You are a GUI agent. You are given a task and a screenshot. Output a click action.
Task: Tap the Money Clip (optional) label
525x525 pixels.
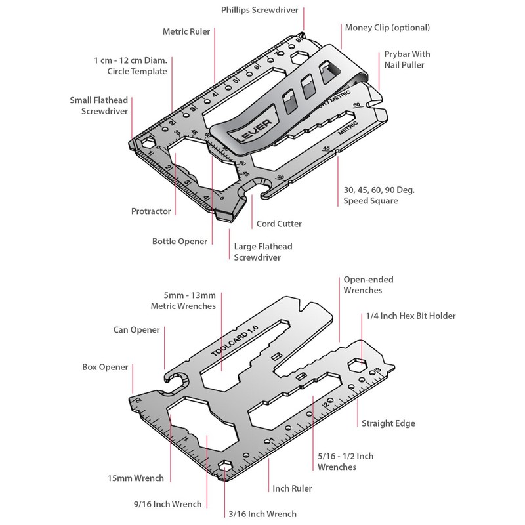click(x=387, y=28)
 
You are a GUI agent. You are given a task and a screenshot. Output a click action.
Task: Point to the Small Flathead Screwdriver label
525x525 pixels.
click(x=98, y=106)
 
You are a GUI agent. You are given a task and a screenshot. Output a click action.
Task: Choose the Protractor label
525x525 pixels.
click(x=150, y=211)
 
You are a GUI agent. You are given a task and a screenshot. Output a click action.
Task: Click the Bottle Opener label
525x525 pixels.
click(x=180, y=241)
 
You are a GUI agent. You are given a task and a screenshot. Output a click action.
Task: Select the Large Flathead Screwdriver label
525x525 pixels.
click(x=263, y=252)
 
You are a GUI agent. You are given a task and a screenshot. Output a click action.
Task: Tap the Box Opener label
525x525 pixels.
click(x=105, y=367)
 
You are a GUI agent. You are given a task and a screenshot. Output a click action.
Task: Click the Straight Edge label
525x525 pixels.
click(x=388, y=423)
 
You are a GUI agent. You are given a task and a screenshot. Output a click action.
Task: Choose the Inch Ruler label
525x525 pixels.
click(x=292, y=488)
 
